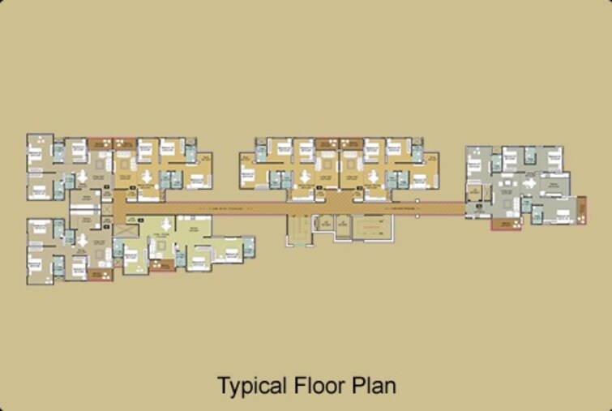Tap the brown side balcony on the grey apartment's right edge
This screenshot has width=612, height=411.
tap(581, 209)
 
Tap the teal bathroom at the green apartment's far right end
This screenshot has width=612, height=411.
tap(248, 244)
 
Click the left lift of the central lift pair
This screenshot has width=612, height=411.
tap(326, 222)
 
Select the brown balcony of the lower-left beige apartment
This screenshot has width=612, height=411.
tap(100, 276)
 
